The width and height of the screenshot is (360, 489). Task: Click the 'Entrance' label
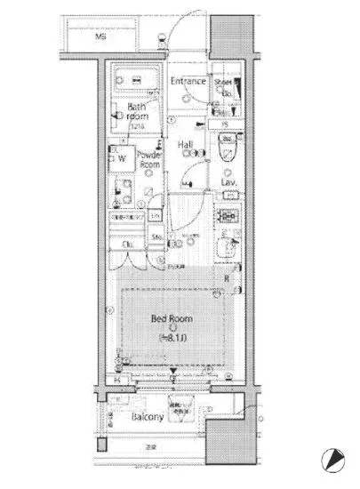189,82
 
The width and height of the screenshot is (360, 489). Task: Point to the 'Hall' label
186,144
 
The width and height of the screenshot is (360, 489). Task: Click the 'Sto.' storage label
154,237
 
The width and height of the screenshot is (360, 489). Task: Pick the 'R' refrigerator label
227,278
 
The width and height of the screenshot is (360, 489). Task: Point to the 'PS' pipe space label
225,124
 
